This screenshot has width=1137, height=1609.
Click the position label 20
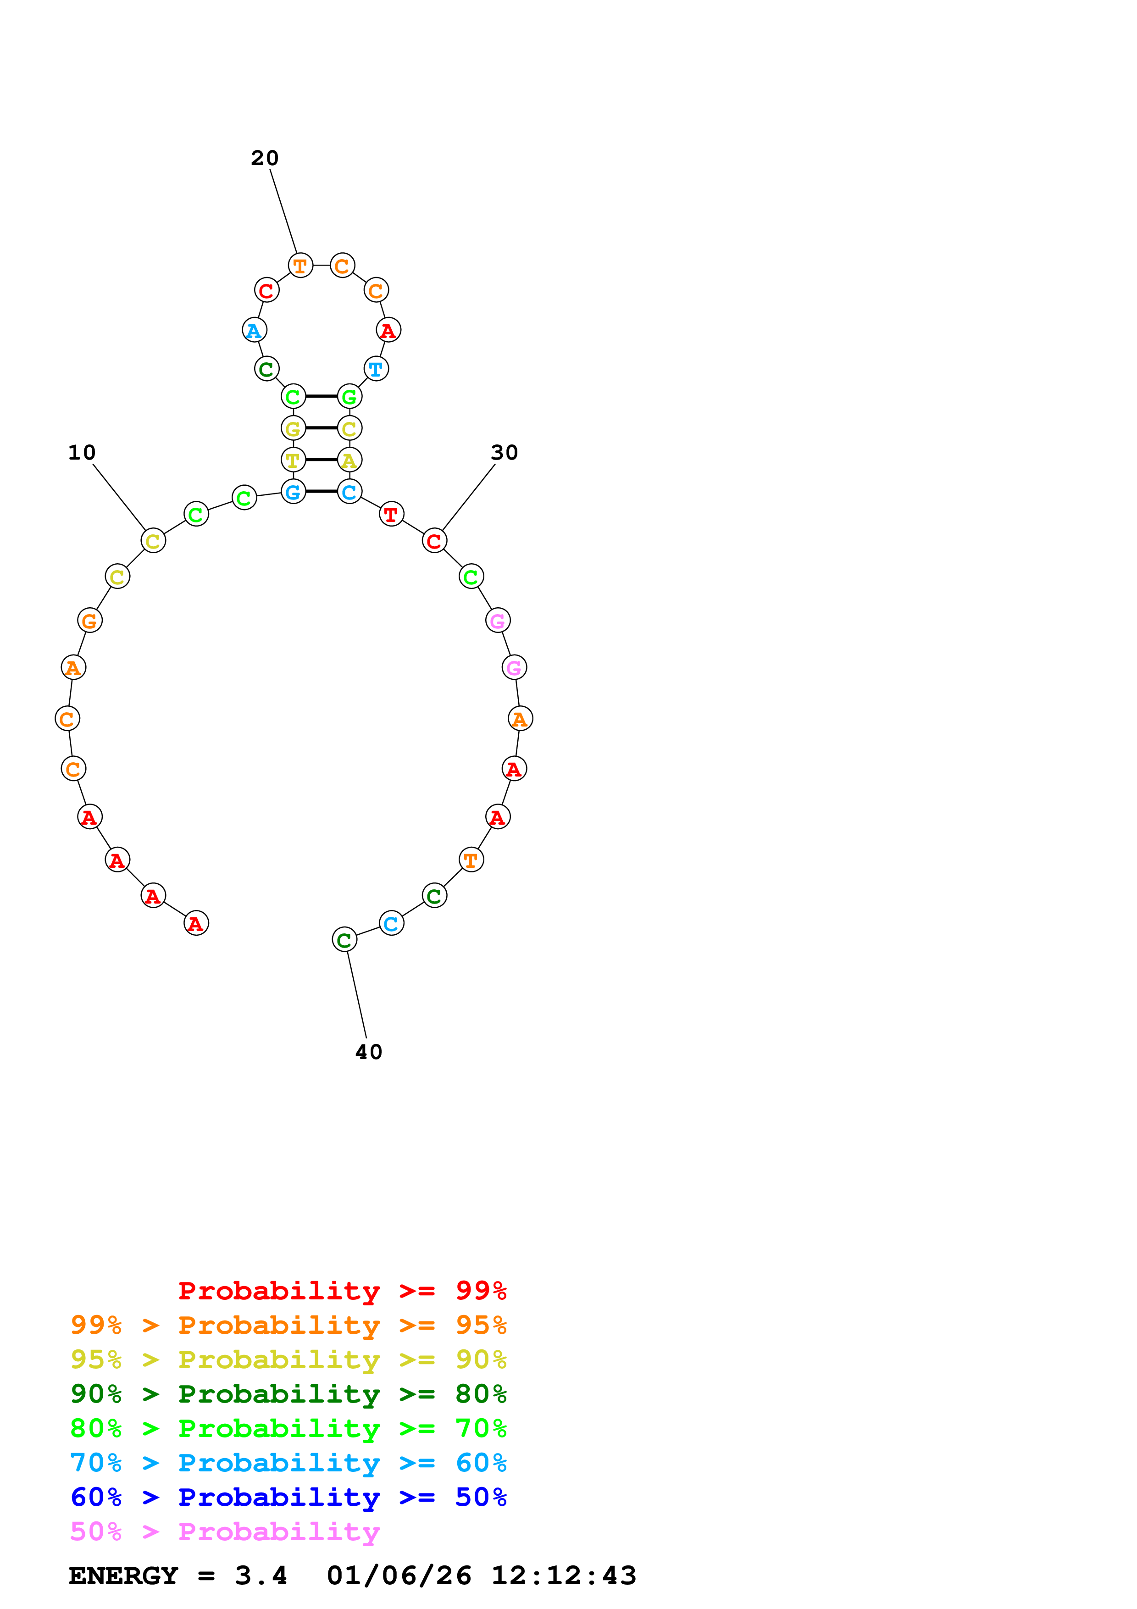point(265,158)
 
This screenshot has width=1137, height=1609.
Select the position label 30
point(505,453)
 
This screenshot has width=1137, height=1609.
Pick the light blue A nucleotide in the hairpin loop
point(254,330)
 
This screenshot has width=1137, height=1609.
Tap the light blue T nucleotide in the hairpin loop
point(376,369)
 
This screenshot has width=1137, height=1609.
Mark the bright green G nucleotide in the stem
point(349,397)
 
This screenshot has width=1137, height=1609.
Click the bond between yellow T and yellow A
point(322,460)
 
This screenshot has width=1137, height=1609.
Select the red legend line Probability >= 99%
point(343,1290)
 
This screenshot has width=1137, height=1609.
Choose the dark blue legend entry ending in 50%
point(288,1497)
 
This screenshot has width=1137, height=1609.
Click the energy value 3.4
point(261,1576)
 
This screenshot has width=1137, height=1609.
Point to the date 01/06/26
point(399,1576)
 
